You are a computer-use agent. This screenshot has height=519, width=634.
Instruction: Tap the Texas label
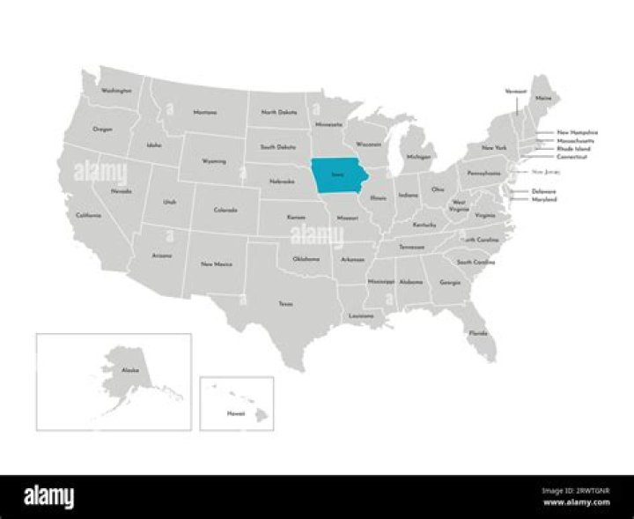(286, 304)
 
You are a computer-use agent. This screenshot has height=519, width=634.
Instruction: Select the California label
(88, 216)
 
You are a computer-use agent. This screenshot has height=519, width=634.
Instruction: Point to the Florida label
(478, 333)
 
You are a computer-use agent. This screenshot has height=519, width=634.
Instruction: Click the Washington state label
(116, 90)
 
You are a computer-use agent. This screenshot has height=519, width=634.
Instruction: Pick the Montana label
(204, 113)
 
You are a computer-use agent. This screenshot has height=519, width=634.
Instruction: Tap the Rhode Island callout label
(573, 149)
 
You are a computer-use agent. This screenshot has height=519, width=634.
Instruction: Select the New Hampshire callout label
(577, 132)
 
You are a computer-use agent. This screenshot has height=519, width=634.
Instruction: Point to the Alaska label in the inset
(130, 371)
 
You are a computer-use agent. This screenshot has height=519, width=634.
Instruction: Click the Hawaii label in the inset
(235, 412)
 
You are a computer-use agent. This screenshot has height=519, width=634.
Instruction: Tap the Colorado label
(226, 210)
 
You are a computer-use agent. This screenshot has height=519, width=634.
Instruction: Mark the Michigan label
(419, 157)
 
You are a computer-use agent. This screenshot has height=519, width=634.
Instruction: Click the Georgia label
(450, 283)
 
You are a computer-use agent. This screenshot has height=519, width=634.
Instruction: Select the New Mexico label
(216, 263)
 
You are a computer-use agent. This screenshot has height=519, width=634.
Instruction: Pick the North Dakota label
(278, 113)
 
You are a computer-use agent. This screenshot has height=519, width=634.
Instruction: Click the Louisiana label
(361, 315)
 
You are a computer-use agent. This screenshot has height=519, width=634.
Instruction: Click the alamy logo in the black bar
(49, 498)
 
